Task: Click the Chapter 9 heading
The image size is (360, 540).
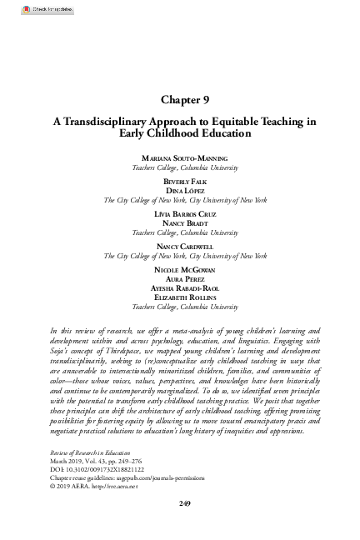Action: tap(180, 97)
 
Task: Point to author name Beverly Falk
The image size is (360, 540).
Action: tap(180, 180)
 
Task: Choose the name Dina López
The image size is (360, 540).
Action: tap(180, 190)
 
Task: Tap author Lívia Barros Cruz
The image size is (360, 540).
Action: tap(180, 214)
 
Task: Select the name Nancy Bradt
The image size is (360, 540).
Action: tap(180, 224)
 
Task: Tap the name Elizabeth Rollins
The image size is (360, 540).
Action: tap(180, 300)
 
